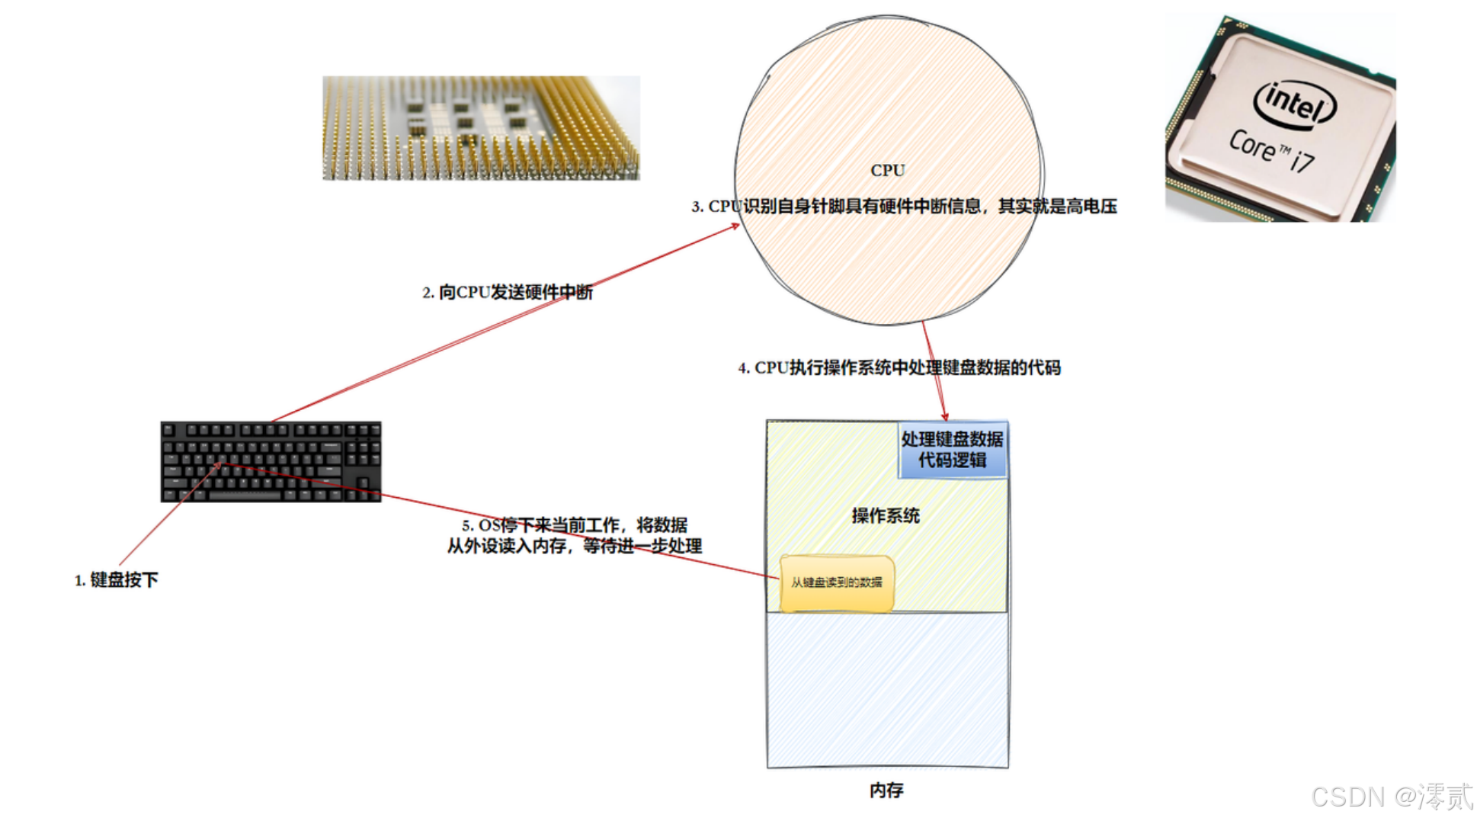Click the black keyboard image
coord(271,461)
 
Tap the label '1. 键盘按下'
coord(117,580)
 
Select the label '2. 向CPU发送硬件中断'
coord(508,292)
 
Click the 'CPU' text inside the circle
coord(888,170)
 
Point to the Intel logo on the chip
coord(1295,102)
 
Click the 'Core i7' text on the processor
coord(1271,150)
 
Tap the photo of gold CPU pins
coord(481,128)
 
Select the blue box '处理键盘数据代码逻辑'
coord(953,450)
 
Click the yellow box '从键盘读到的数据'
coord(837,583)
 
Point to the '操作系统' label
coord(886,516)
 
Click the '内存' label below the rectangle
coord(886,791)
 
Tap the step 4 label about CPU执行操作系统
coord(899,368)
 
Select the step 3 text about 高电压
coord(904,207)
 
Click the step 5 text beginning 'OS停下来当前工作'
coord(575,525)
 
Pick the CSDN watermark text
coord(1392,797)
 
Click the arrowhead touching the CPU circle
coord(735,226)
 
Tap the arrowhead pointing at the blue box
coord(945,416)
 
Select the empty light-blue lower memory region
coord(888,690)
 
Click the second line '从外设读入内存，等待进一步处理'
coord(575,547)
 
